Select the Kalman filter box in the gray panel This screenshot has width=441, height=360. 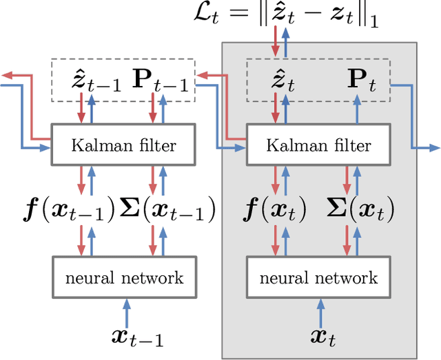[x=318, y=145]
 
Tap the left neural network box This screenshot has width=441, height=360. [x=124, y=277]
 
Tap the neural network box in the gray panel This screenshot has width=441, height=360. [x=318, y=277]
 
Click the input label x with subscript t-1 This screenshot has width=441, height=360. [x=137, y=337]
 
